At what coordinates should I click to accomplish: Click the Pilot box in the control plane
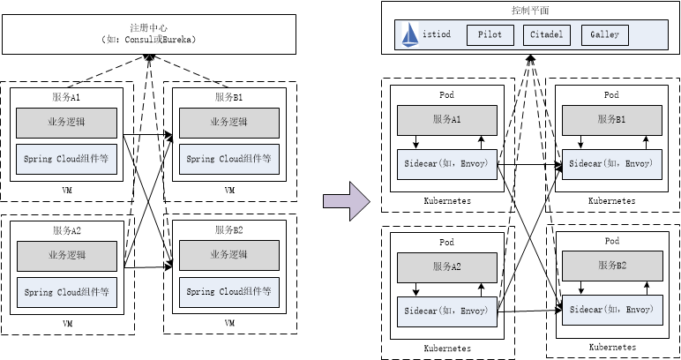(490, 35)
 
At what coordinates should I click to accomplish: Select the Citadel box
(547, 35)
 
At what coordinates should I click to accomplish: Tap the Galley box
(605, 35)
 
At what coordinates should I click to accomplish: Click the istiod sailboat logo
(410, 34)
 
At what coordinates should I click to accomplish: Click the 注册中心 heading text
(147, 29)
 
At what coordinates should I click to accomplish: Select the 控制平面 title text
(530, 11)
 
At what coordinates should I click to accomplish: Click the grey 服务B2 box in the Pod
(611, 265)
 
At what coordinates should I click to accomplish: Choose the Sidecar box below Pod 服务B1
(611, 163)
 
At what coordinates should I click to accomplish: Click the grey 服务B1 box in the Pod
(611, 120)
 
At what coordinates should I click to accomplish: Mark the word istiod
(438, 35)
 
